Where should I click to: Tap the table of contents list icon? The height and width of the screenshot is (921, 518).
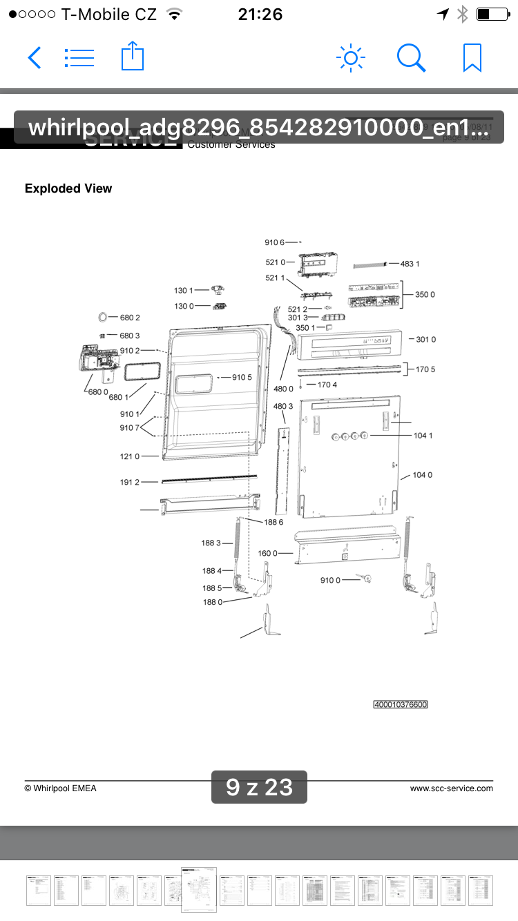tap(79, 58)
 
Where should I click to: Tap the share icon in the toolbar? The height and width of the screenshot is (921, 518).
tap(132, 57)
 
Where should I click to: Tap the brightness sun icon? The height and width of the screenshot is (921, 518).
tap(350, 58)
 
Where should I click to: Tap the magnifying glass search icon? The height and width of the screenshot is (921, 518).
tap(411, 58)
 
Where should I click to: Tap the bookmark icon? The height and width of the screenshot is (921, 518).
tap(472, 58)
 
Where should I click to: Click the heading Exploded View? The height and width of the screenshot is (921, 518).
tap(68, 188)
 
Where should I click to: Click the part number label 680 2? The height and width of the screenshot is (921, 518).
tap(130, 318)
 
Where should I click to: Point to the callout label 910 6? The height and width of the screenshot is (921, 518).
tap(274, 242)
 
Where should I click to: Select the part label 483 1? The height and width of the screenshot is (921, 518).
tap(410, 264)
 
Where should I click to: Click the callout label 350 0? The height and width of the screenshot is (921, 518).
tap(425, 295)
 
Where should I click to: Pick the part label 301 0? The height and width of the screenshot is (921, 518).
tap(425, 340)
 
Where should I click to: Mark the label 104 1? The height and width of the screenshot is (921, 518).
tap(423, 436)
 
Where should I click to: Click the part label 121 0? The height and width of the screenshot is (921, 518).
tap(130, 456)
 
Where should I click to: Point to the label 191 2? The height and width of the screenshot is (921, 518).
tap(130, 482)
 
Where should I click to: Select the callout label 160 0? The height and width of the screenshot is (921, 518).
tap(268, 554)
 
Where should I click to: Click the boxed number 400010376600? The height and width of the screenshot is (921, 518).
tap(401, 705)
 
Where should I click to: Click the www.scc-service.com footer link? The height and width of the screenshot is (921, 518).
tap(452, 788)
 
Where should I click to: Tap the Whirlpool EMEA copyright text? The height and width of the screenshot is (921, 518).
tap(61, 788)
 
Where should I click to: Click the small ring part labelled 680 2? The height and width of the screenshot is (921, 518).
tap(103, 318)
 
